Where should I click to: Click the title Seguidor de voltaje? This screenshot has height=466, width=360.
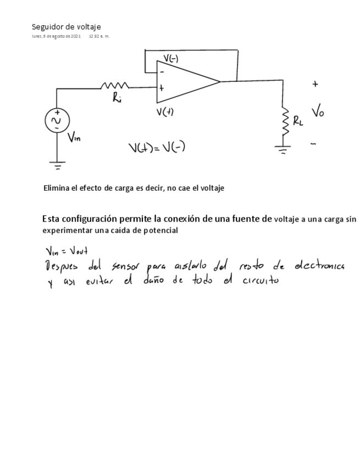tap(66, 27)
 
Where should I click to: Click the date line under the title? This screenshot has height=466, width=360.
tap(70, 36)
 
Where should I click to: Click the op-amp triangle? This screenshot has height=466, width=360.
tap(184, 82)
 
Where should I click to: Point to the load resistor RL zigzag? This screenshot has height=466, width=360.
tap(286, 121)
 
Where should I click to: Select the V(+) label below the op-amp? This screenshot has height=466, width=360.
tap(165, 112)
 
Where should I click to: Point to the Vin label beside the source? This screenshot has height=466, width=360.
tap(74, 138)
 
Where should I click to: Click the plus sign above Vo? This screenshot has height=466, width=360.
tap(315, 85)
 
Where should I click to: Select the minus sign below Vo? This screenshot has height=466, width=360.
tap(313, 144)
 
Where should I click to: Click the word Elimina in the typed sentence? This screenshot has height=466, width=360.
tap(57, 188)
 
